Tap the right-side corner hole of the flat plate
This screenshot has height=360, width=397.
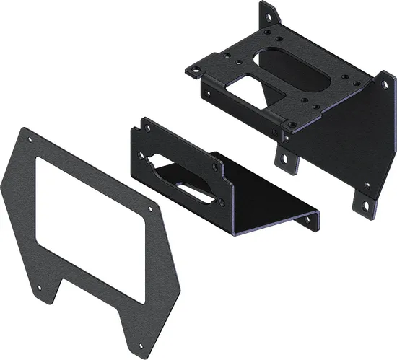(150, 209)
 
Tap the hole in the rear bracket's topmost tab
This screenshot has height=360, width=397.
(267, 12)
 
